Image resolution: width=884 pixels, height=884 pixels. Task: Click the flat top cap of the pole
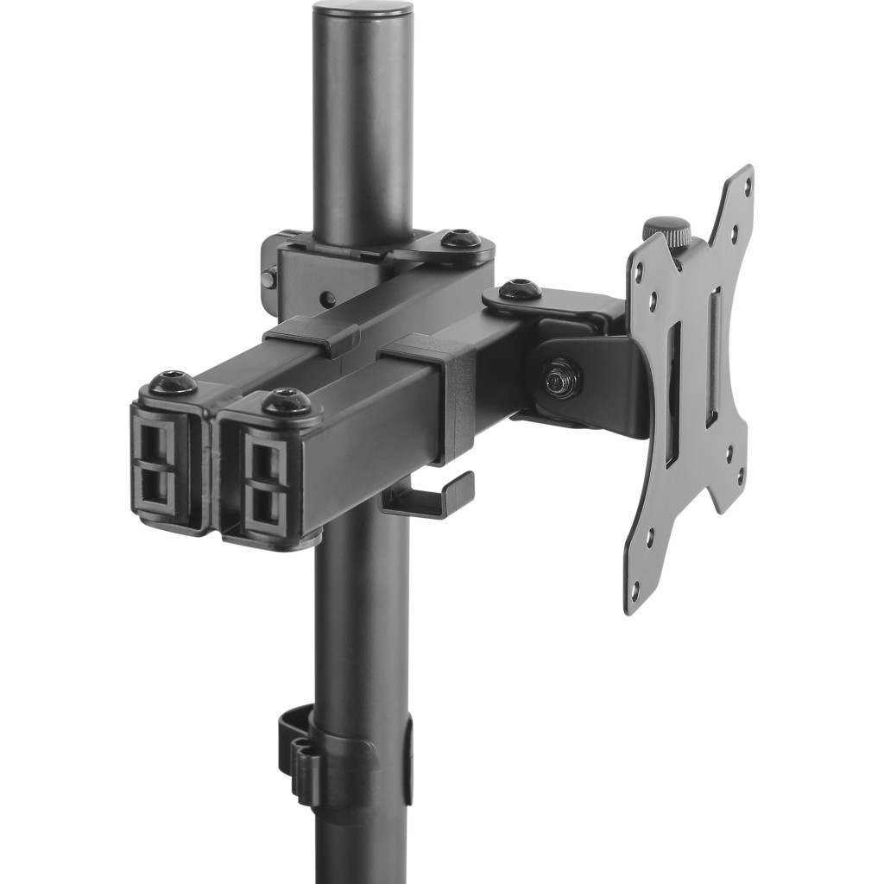click(362, 10)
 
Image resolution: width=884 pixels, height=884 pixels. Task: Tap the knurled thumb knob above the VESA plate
click(666, 230)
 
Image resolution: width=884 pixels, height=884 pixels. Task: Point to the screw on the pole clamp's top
click(461, 238)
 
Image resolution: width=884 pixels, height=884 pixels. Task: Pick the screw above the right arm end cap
click(287, 401)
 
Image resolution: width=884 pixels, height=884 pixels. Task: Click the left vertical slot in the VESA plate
click(672, 393)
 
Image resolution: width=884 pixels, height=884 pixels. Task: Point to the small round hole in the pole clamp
click(328, 300)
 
